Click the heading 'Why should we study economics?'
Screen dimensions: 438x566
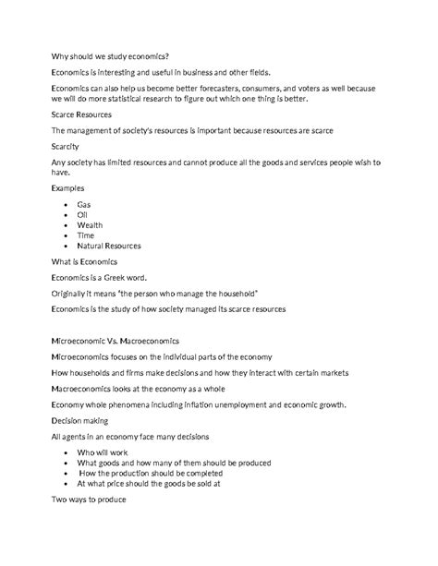point(110,56)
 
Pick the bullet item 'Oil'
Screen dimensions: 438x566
point(82,214)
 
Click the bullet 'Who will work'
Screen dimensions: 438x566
point(104,453)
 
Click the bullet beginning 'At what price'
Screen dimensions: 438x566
point(148,483)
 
